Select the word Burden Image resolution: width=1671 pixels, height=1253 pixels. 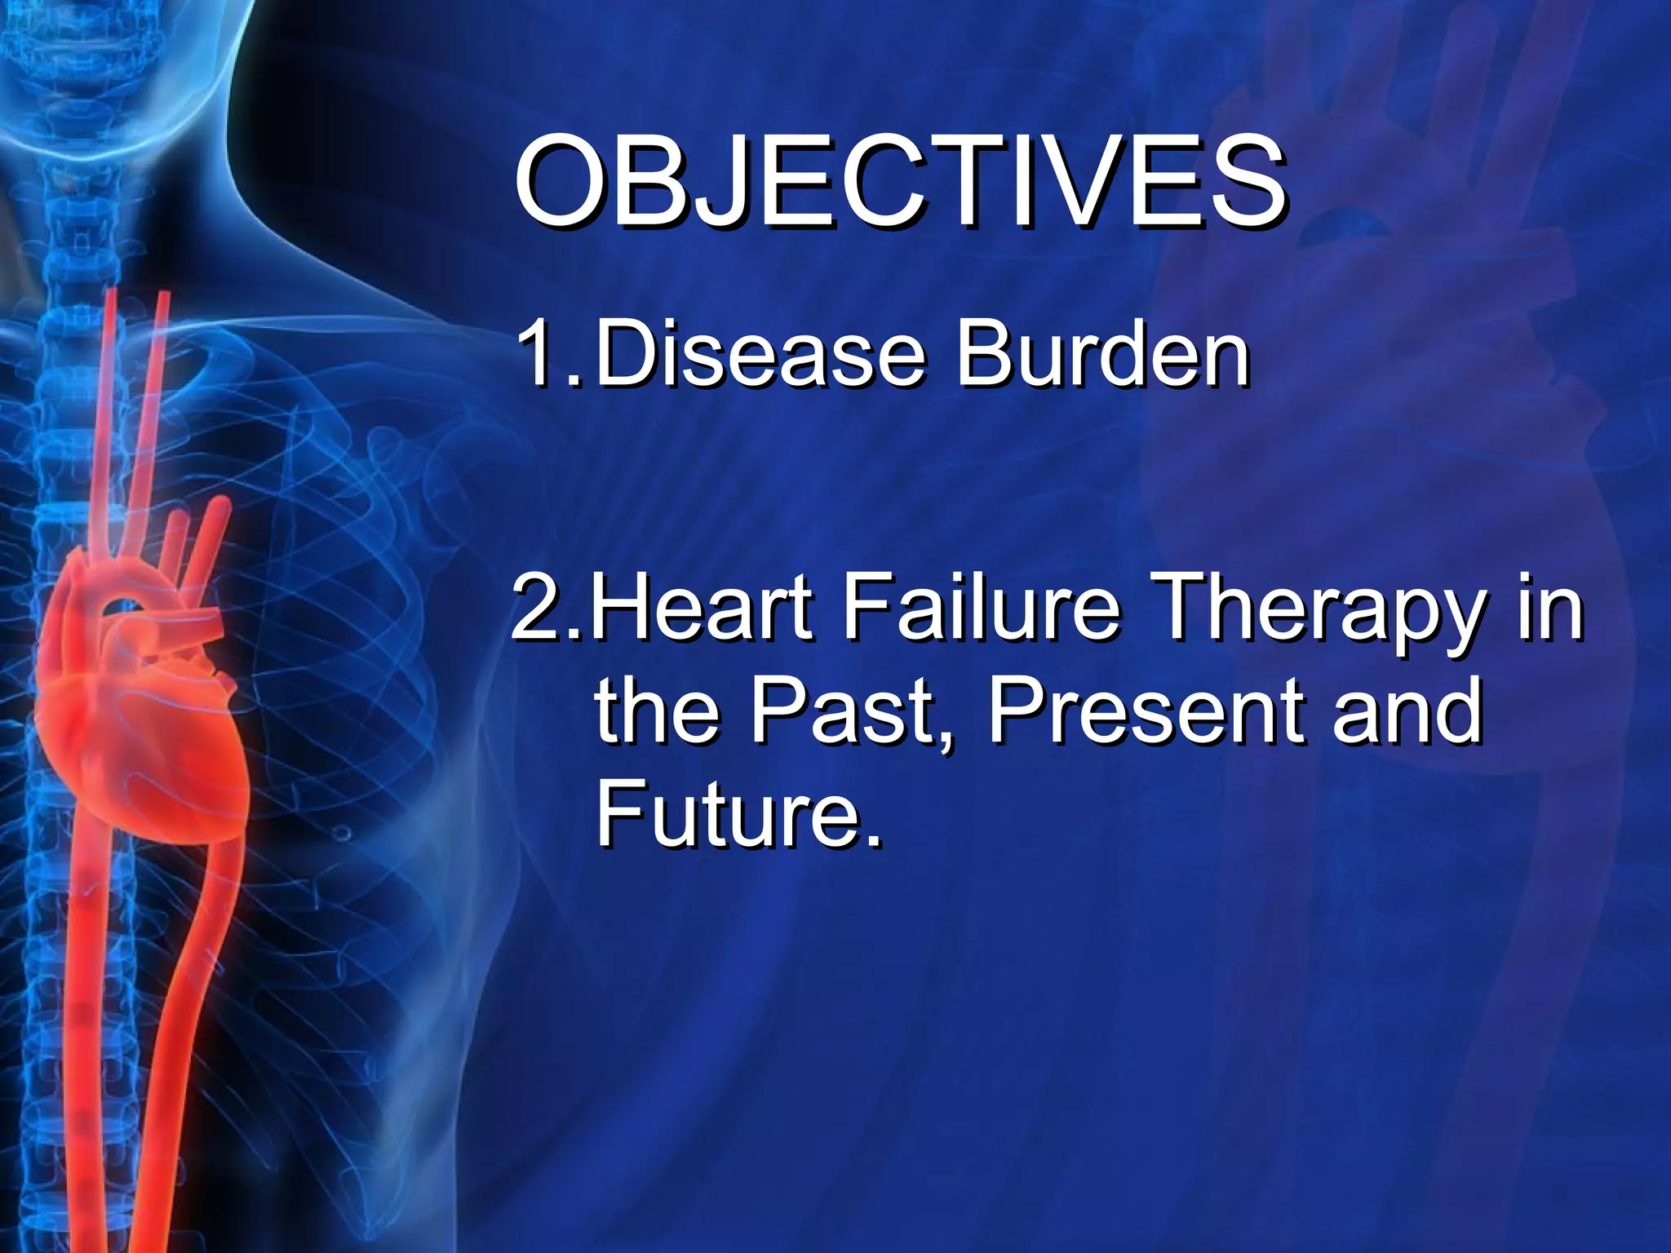tap(1102, 355)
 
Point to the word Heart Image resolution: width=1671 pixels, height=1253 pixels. tap(703, 608)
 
